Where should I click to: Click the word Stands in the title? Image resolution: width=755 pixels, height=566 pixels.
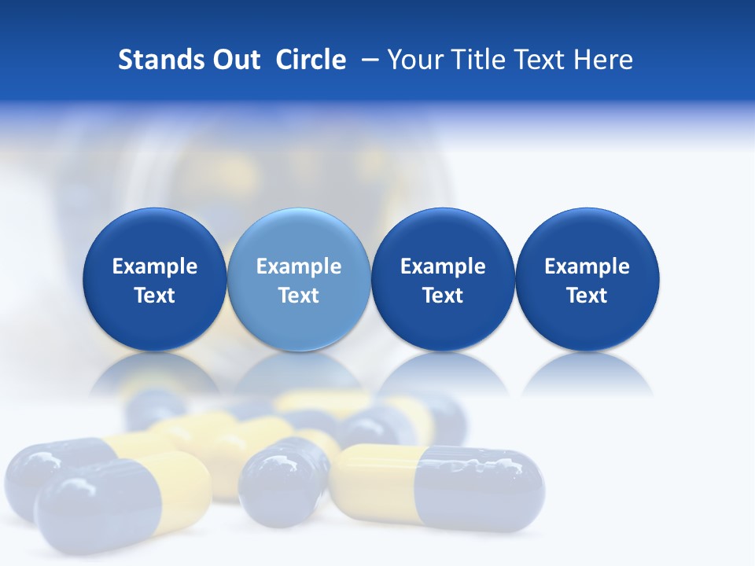pos(161,60)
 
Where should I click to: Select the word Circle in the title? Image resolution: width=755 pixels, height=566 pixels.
pos(311,60)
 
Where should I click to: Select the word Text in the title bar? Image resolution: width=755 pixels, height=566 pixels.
pos(540,60)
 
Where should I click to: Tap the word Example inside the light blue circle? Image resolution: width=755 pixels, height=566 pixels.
pos(299,266)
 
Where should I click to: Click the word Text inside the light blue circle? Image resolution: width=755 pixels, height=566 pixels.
pos(299,296)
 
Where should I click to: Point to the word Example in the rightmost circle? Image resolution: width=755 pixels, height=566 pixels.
pos(587,266)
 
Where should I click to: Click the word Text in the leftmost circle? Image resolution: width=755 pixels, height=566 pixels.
pos(155,296)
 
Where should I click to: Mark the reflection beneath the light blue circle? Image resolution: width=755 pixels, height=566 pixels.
pos(299,373)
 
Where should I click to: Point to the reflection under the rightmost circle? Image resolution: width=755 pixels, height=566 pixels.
pos(587,373)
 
